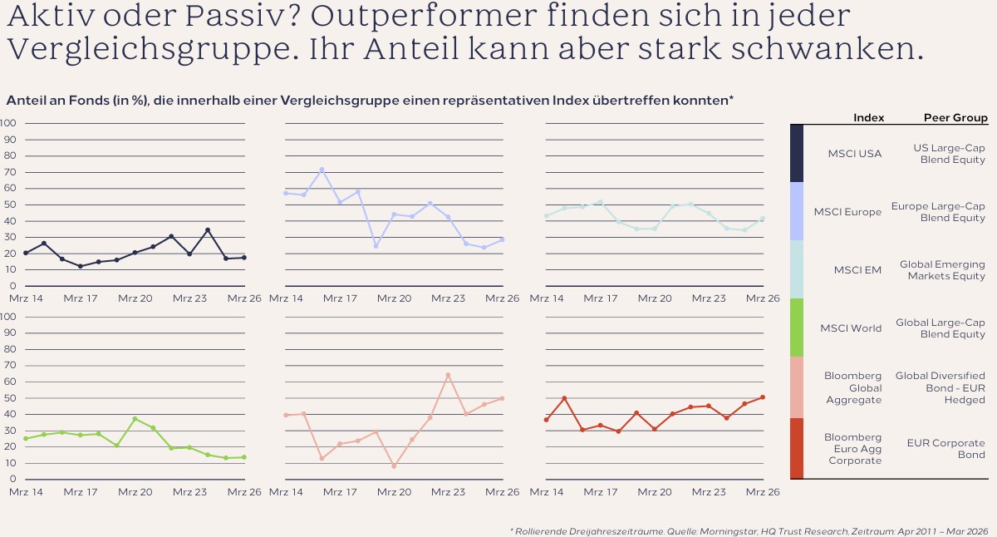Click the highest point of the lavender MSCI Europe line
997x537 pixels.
[322, 170]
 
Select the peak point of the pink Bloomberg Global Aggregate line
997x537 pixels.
[448, 376]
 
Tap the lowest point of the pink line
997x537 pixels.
[394, 466]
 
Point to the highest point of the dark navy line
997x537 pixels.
[208, 230]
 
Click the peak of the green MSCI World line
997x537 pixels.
[135, 419]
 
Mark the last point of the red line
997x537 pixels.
[763, 397]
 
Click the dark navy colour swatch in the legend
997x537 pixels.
[797, 153]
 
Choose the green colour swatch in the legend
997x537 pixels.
[797, 328]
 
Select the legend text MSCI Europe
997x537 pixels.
[847, 212]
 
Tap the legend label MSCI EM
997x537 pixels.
[857, 270]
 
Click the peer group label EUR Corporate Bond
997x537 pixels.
[945, 449]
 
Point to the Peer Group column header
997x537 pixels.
[955, 117]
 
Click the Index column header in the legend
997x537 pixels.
[868, 117]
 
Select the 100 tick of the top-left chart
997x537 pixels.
[7, 123]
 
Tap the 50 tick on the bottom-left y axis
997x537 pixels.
[10, 397]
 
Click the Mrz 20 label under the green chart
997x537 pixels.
[135, 492]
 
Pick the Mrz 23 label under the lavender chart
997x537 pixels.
[448, 298]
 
